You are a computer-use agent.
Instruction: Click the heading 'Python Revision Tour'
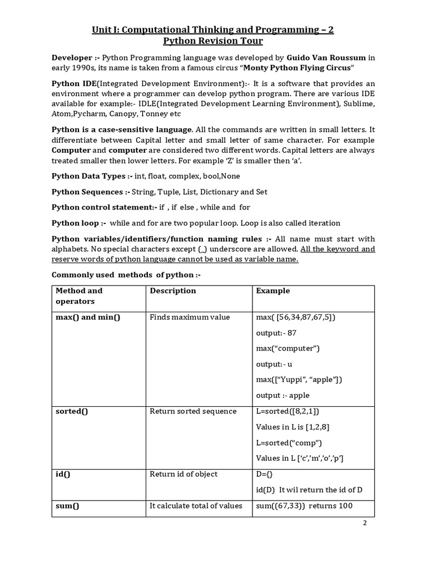(213, 41)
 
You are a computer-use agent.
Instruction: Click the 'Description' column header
(173, 291)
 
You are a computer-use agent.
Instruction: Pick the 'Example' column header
(272, 291)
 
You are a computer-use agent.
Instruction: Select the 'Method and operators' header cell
(79, 296)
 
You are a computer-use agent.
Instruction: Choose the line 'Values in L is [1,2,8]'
(295, 427)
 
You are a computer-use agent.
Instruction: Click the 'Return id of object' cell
(183, 474)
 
